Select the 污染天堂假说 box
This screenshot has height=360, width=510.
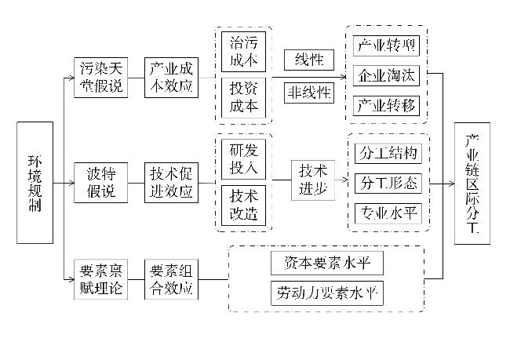tap(102, 77)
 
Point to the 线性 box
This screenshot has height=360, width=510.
tap(309, 60)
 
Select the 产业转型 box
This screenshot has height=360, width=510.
tap(388, 45)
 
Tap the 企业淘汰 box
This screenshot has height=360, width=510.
tap(388, 75)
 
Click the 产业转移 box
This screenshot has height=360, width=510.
tap(388, 104)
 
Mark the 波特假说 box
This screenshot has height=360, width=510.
tap(102, 183)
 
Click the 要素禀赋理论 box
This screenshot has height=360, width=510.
tap(102, 280)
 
